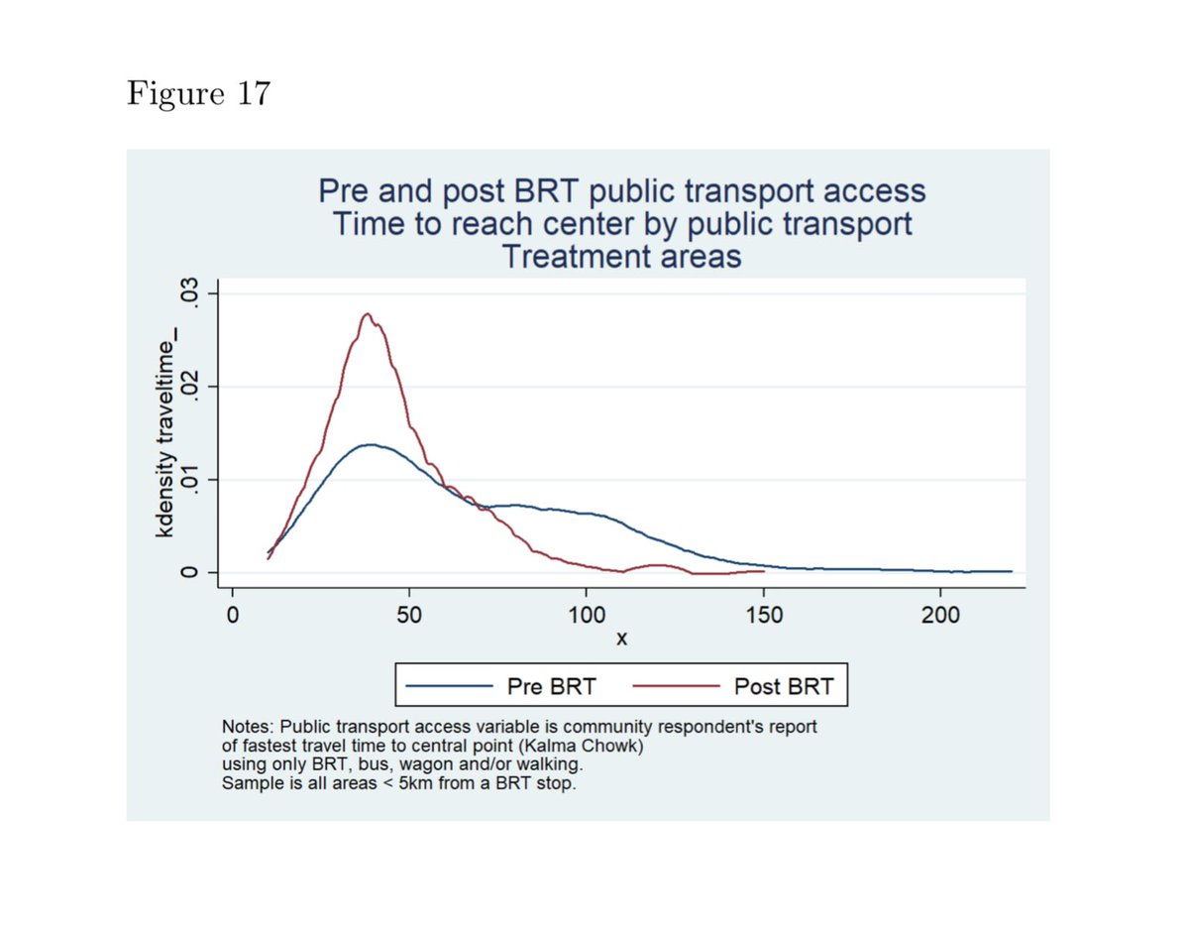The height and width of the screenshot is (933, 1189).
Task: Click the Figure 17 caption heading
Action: pos(197,95)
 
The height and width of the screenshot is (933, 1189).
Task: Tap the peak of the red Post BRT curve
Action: pos(368,314)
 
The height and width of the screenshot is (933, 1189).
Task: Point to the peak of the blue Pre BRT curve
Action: pos(371,444)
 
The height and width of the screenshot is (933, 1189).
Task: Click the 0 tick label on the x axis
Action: pos(232,615)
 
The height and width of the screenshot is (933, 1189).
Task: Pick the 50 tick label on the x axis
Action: pos(408,615)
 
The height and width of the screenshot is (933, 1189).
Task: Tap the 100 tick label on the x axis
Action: pos(586,615)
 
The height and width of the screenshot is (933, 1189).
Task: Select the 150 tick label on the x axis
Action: pos(763,615)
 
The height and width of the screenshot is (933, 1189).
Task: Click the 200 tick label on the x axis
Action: pos(940,615)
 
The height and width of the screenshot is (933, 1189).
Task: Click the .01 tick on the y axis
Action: pos(185,480)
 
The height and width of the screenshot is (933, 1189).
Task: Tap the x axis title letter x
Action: pos(621,641)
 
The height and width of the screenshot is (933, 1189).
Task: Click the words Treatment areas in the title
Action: pos(621,257)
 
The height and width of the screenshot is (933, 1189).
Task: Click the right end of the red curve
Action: pos(763,571)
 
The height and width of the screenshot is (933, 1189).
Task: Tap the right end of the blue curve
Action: pos(1011,571)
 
